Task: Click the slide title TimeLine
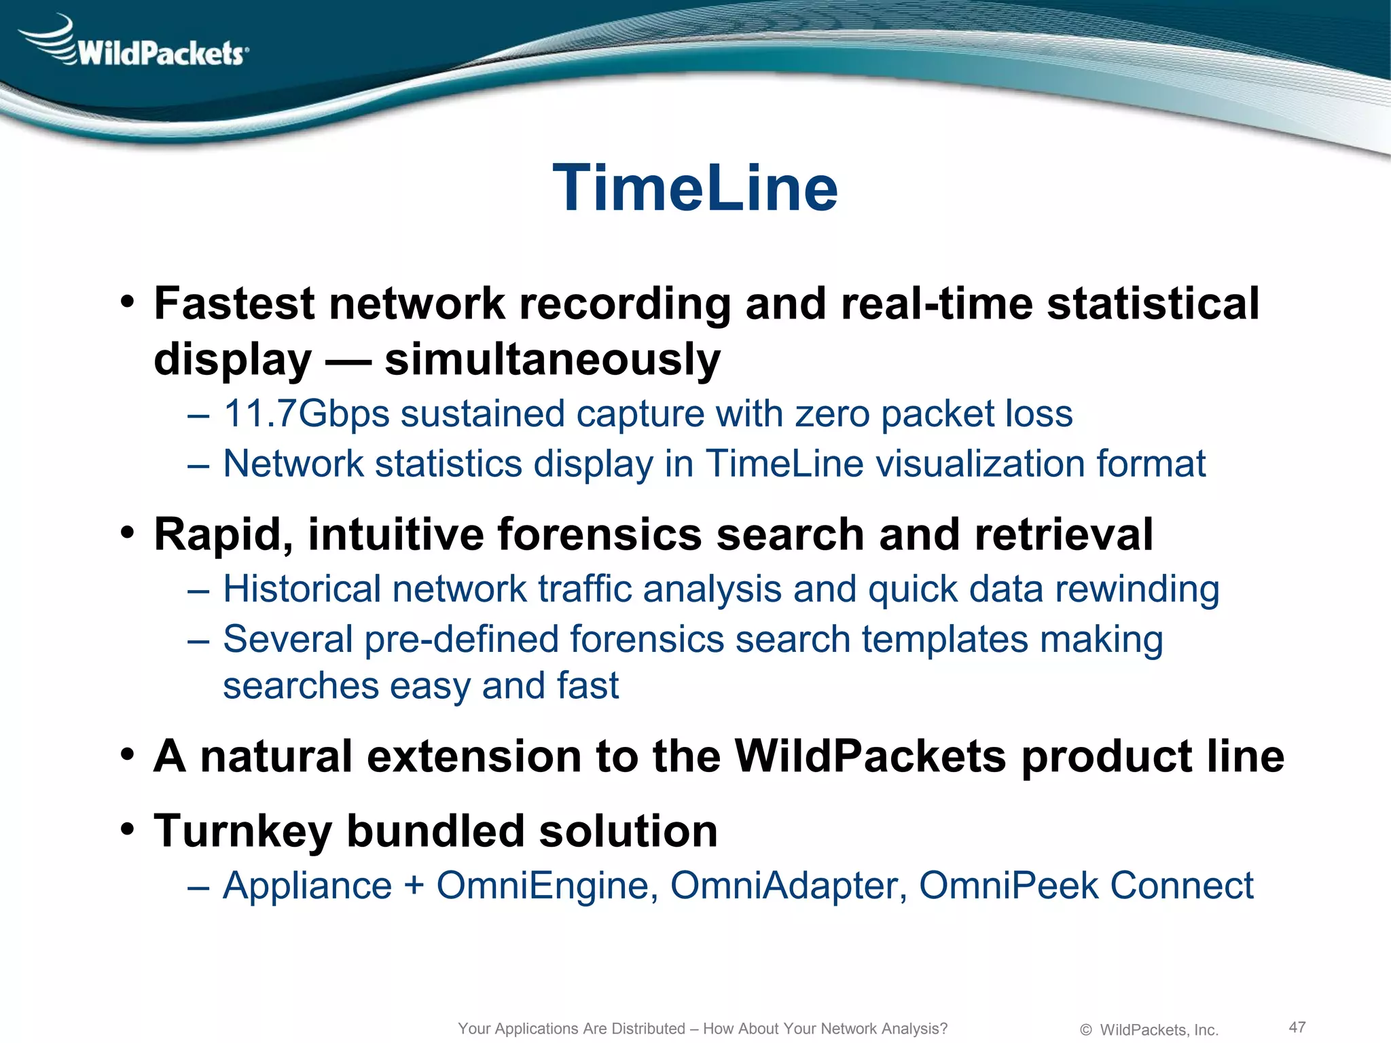695,189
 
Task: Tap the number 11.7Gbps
306,414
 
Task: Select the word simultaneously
552,359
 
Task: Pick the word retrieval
1064,534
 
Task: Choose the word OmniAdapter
789,885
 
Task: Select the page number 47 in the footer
1297,1027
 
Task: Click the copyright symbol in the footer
1086,1030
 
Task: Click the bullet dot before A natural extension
127,755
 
